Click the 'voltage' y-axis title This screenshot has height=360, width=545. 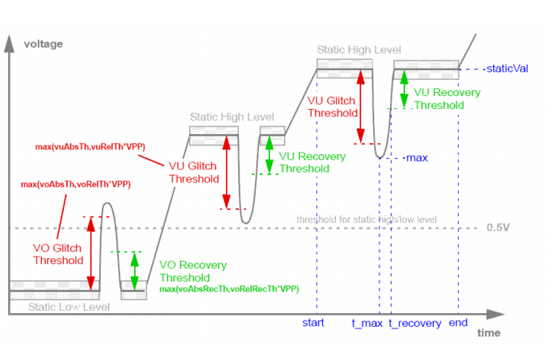(43, 43)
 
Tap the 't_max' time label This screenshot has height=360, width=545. (367, 323)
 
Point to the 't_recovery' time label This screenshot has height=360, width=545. (415, 323)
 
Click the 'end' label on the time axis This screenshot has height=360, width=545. (459, 323)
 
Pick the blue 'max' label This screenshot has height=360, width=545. (417, 157)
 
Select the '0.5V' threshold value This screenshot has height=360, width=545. (498, 227)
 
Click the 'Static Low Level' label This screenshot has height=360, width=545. (65, 307)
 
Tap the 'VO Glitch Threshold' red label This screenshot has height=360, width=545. (57, 253)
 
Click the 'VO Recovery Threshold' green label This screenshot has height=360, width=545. (193, 270)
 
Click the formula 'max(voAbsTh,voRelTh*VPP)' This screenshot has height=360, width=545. (76, 185)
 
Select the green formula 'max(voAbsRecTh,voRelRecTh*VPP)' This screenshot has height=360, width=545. (229, 288)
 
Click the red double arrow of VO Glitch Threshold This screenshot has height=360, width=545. (90, 253)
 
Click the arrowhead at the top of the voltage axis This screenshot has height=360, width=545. (10, 42)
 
